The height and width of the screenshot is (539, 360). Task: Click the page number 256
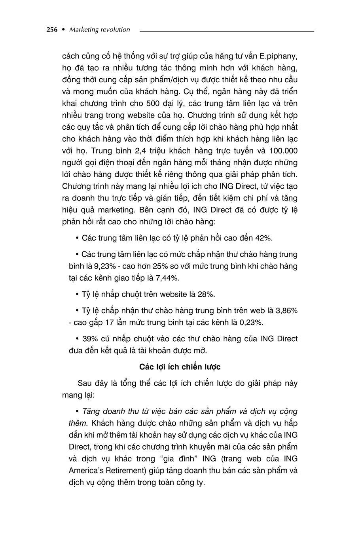[x=52, y=29]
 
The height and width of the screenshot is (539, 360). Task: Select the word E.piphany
[x=280, y=56]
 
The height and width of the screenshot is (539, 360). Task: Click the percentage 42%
[x=262, y=238]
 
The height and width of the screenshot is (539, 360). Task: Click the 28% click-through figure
[x=206, y=294]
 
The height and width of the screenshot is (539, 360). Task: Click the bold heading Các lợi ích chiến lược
[x=180, y=367]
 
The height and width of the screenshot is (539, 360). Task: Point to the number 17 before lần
[x=109, y=323]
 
